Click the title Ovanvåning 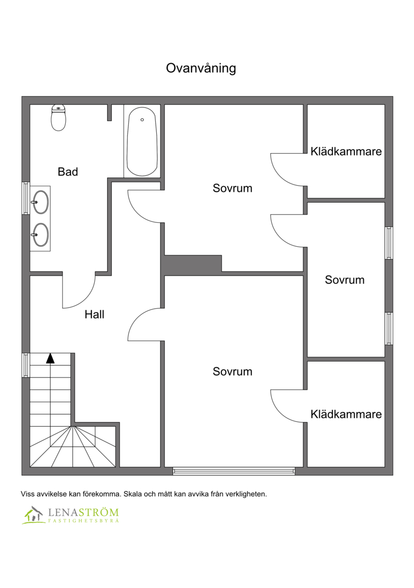(x=201, y=68)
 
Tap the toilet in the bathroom (x=58, y=117)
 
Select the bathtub (x=142, y=142)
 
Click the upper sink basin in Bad (x=40, y=202)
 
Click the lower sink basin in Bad (x=40, y=235)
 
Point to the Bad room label (x=68, y=172)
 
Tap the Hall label (x=94, y=314)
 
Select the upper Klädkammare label (x=346, y=152)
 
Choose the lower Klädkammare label (x=346, y=414)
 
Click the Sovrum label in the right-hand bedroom (x=345, y=280)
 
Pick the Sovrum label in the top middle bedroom (x=232, y=188)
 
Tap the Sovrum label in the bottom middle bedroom (x=232, y=371)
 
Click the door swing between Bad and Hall (x=86, y=298)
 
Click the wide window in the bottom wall (x=234, y=471)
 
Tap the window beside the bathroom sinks (x=26, y=198)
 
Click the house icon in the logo (x=33, y=515)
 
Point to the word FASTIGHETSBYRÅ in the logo (x=84, y=521)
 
